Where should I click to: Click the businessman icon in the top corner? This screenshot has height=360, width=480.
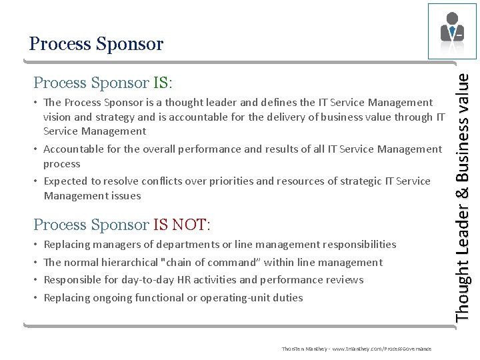[452, 31]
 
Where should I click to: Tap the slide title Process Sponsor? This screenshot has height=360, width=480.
[96, 44]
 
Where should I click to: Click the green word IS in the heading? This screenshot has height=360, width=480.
[161, 83]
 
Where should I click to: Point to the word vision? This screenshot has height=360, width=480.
[58, 117]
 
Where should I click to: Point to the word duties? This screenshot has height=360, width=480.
[289, 298]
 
